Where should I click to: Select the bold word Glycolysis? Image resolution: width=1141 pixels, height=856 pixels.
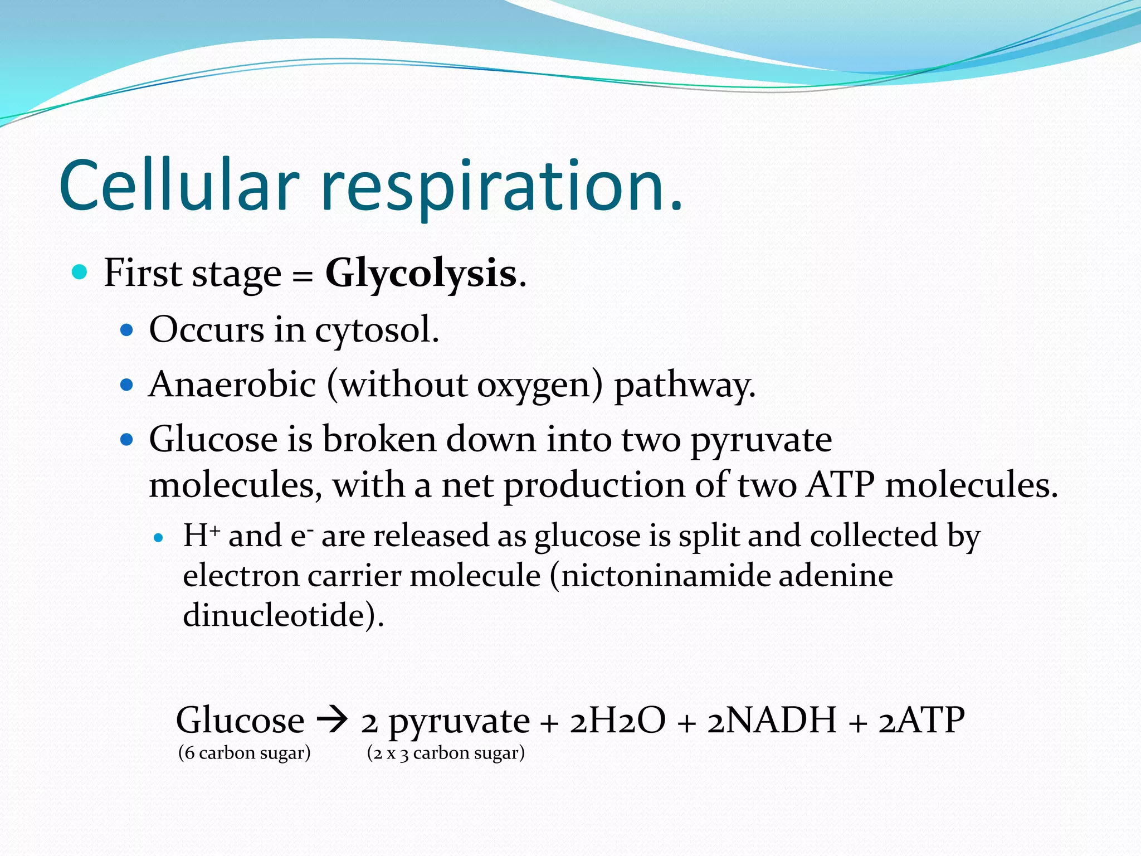tap(421, 274)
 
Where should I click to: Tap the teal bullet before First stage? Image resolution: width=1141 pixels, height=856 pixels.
tap(80, 273)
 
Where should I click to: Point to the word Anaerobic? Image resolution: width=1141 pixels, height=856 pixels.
tap(232, 385)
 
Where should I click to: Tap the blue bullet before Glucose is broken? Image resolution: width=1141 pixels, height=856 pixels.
tap(127, 440)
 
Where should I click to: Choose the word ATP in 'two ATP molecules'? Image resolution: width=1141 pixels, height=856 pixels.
tap(841, 485)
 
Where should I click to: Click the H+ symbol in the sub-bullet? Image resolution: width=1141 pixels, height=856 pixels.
tap(201, 536)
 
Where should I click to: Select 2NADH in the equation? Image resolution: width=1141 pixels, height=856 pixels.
tap(772, 720)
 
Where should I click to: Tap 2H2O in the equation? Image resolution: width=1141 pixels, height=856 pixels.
tap(618, 720)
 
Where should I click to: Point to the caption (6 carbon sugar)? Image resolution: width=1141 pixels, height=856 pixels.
tap(244, 753)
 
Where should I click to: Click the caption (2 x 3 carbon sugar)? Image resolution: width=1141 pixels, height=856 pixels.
tap(446, 753)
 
